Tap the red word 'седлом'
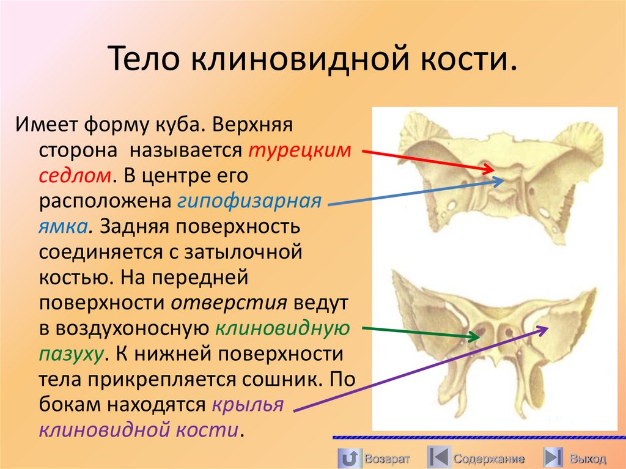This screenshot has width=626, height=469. pos(75,176)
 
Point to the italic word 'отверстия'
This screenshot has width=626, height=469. pos(229,303)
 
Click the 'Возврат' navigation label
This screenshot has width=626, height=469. pos(386,458)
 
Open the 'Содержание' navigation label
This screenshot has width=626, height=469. pos(489,458)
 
